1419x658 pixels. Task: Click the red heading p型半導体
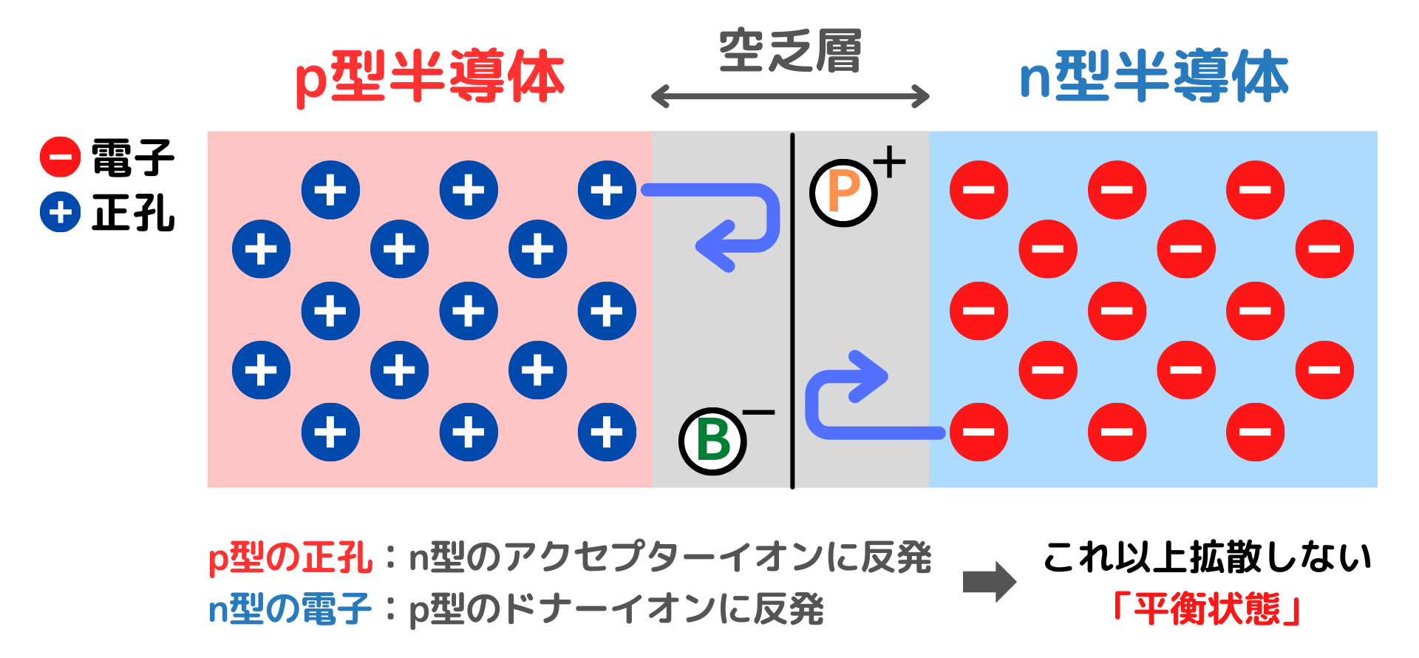point(429,77)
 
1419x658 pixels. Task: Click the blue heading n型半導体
point(1154,77)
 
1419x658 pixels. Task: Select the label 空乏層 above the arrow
point(790,52)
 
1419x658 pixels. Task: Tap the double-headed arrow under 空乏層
point(790,96)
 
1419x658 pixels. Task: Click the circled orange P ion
point(843,193)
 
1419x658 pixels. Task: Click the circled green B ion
point(712,441)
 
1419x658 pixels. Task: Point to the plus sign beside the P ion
point(889,162)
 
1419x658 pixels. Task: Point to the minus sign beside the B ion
point(759,413)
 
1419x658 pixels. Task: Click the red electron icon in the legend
point(60,157)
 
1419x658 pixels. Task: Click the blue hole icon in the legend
point(60,213)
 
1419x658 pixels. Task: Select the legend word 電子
point(133,157)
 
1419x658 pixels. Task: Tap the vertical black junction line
point(792,311)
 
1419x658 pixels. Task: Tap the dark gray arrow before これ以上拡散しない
point(989,582)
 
